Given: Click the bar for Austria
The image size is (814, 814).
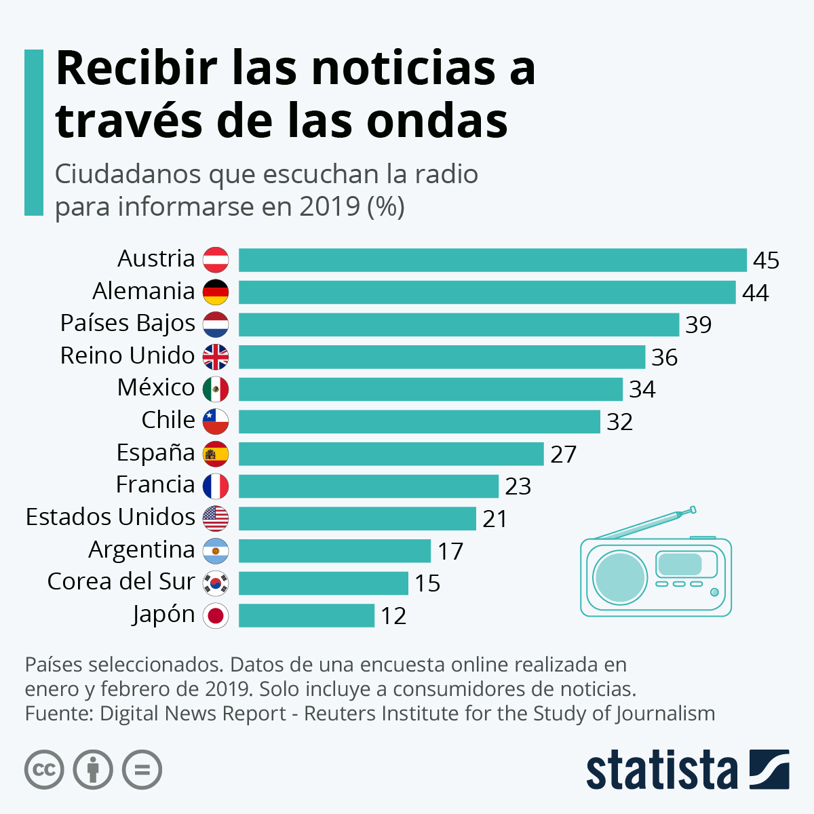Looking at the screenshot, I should coord(492,260).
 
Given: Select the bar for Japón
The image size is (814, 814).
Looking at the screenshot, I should coord(307,615).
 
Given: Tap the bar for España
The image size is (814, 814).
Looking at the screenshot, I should coord(391,454).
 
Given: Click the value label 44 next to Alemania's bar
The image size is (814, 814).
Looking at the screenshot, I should coord(755,293).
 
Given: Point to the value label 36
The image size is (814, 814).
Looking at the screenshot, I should coord(664,357).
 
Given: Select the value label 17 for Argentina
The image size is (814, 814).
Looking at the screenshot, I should coord(450,551).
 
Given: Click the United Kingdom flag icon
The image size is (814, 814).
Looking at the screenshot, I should coord(216,357).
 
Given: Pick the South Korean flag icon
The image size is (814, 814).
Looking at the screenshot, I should coord(216,583).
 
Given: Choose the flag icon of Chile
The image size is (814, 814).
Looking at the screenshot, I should coord(216,421).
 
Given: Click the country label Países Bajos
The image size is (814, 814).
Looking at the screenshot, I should coord(128,324).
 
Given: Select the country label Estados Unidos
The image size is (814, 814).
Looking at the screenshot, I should coord(111,518).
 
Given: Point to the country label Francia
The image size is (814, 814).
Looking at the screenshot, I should coord(155,485).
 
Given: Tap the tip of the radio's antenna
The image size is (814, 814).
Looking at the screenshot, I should coord(693,509).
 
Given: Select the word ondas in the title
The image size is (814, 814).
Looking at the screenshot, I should coord(438,121).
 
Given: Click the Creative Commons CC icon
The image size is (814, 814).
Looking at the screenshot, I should coord(44,770).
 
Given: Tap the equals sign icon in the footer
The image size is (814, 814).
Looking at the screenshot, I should coord(142,770).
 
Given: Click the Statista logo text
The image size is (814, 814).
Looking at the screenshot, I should coord(661,770).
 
